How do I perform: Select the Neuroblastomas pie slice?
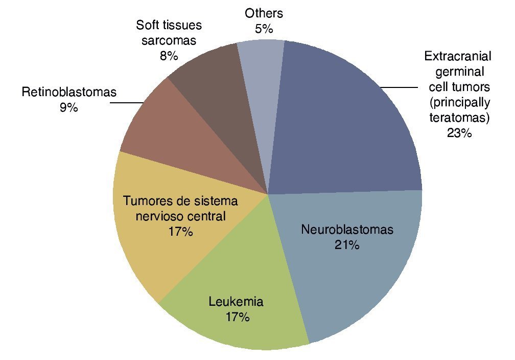358,276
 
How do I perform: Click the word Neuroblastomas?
347,229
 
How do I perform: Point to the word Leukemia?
236,302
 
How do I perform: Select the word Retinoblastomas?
69,93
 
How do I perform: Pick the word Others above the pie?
264,13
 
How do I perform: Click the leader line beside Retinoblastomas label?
127,103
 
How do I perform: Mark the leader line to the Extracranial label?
401,87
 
